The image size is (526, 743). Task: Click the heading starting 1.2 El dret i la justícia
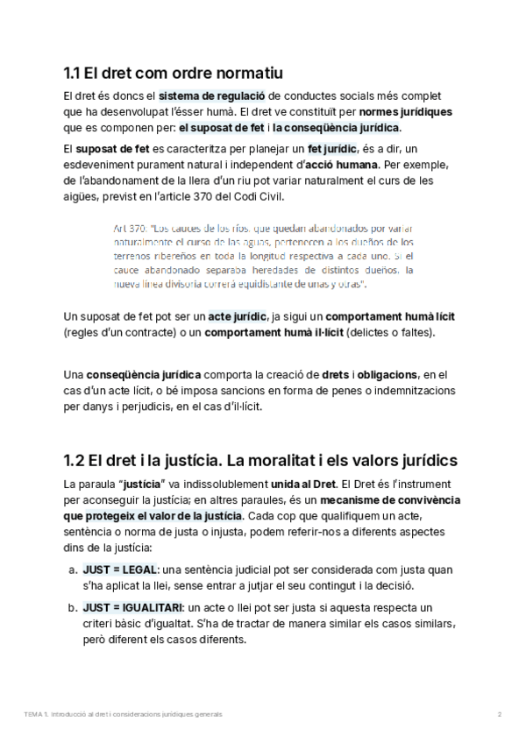coord(260,461)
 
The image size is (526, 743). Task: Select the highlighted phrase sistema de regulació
coord(211,96)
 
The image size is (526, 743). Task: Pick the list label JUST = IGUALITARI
coord(131,607)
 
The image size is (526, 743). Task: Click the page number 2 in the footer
coord(499,715)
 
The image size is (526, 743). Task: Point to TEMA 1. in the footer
coord(37,715)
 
